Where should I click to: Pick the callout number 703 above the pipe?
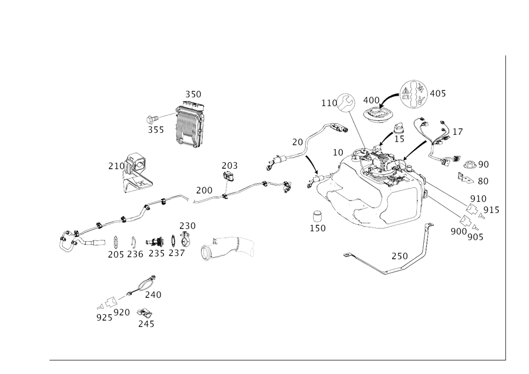click(229, 166)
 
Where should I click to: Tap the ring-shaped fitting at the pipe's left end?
click(69, 240)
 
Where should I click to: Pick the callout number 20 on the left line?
click(298, 142)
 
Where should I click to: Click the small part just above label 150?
click(317, 216)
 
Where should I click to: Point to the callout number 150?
click(318, 228)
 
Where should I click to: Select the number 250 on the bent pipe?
click(400, 257)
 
